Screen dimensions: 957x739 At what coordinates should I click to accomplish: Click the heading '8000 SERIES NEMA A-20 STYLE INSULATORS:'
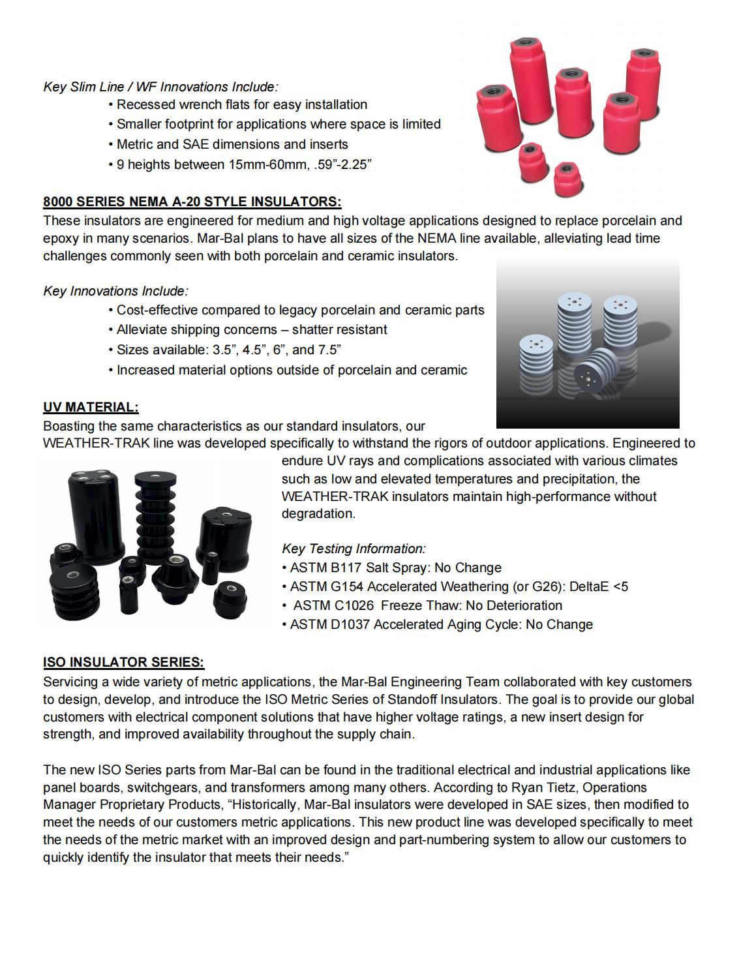[x=192, y=201]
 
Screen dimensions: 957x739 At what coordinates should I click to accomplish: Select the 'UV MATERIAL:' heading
[x=91, y=407]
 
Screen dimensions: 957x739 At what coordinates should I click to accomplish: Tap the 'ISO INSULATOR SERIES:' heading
[x=124, y=662]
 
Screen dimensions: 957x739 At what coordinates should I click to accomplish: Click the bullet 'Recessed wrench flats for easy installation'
[x=241, y=104]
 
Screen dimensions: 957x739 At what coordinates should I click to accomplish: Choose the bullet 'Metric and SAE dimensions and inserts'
[x=232, y=144]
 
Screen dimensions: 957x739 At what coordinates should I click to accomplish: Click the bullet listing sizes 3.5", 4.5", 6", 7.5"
[x=228, y=350]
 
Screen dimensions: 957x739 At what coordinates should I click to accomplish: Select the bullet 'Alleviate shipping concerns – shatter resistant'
[x=252, y=329]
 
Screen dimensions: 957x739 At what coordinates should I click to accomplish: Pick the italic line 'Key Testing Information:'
[x=354, y=549]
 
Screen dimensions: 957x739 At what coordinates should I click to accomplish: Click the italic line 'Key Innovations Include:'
[x=115, y=291]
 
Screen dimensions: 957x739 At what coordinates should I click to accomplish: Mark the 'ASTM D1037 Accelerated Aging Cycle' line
[x=441, y=624]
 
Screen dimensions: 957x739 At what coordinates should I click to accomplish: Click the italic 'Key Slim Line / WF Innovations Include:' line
[x=160, y=87]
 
